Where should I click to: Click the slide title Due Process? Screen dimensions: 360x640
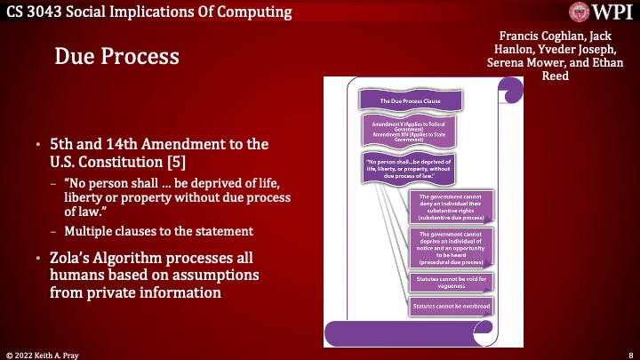coord(117,57)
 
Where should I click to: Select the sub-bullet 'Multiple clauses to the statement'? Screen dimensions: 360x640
coord(158,231)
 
